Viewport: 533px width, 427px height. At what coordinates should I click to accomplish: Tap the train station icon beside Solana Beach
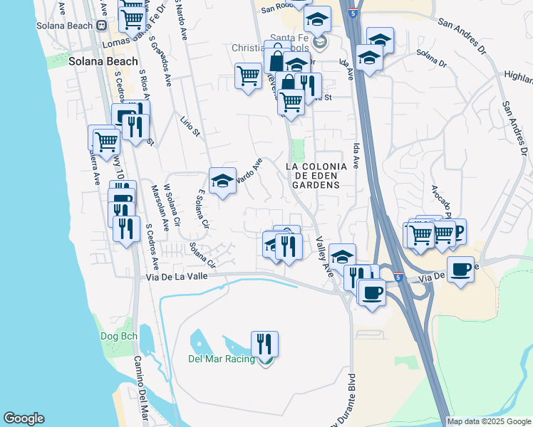102,26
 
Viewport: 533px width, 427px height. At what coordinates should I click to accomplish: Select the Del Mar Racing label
222,359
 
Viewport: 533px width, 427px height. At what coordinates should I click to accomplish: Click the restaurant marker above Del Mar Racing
264,344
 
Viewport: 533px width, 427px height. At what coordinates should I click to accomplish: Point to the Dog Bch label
119,335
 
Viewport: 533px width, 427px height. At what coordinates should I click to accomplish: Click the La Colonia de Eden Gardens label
316,175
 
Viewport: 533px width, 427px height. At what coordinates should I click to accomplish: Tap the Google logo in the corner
24,418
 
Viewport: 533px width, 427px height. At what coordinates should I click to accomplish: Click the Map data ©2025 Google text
490,421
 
